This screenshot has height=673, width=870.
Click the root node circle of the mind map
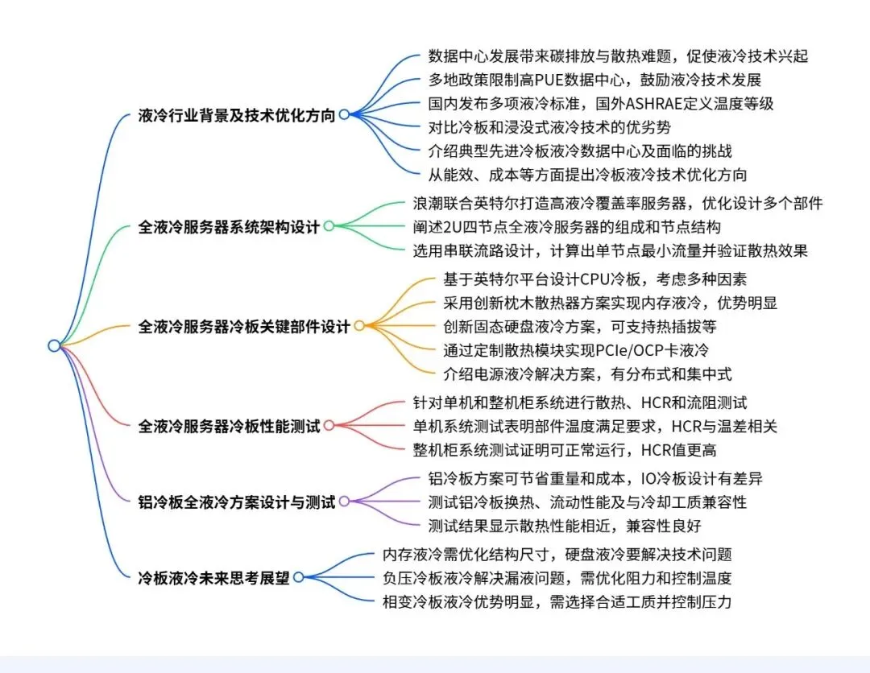click(x=54, y=345)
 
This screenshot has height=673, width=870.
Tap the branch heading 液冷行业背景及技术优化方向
click(x=237, y=115)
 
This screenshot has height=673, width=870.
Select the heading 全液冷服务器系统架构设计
click(x=229, y=226)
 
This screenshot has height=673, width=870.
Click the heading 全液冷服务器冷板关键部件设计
click(x=244, y=326)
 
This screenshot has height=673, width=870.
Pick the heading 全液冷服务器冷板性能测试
click(x=229, y=426)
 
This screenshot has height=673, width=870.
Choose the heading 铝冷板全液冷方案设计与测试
click(x=237, y=502)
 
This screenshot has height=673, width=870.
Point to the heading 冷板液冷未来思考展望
click(x=213, y=577)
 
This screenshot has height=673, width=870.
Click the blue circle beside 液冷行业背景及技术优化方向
click(x=344, y=115)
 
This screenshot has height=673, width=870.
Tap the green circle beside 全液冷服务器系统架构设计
click(x=329, y=226)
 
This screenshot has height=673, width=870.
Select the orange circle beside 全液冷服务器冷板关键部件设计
click(x=359, y=326)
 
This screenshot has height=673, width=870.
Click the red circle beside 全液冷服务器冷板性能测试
click(x=329, y=426)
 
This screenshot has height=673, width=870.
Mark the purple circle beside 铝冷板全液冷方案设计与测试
click(x=344, y=502)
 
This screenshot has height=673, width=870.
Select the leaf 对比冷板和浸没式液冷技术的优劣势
click(x=550, y=126)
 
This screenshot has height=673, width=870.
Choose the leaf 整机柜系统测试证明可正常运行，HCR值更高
click(x=564, y=449)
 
